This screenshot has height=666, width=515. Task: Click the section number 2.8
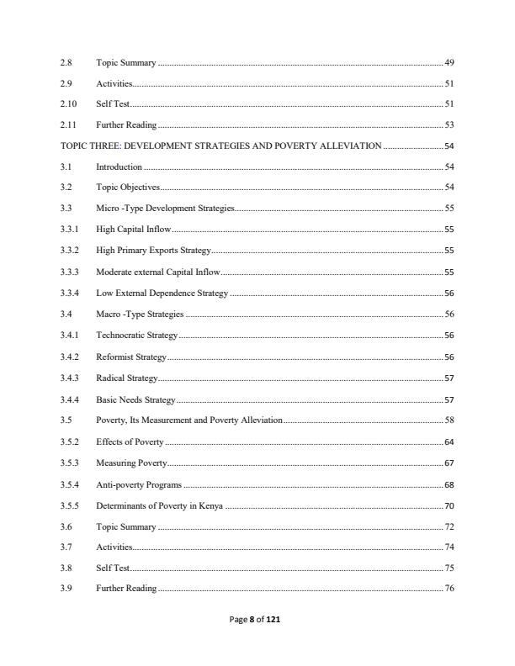66,63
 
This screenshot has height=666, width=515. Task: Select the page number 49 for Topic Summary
449,63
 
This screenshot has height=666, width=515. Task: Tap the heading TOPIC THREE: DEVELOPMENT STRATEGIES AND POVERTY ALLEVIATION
220,145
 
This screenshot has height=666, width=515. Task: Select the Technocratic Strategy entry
136,335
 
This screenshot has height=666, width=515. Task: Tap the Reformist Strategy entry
131,357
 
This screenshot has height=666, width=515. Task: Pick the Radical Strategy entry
126,378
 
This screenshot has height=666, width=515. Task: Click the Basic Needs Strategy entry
135,399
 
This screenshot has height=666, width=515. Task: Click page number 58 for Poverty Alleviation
449,420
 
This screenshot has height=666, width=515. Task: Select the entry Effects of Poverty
130,441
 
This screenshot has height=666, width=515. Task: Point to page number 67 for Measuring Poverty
449,463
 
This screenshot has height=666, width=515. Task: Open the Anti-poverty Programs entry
139,484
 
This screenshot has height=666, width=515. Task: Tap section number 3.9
66,588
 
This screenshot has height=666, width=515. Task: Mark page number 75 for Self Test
449,568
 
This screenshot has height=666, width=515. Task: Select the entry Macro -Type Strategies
139,314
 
